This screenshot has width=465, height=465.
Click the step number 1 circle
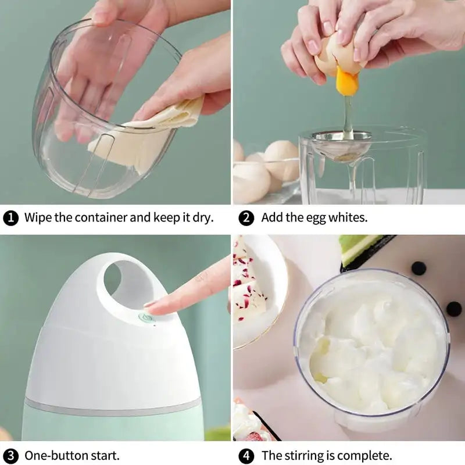point(10,219)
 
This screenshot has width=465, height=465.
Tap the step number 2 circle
point(247,219)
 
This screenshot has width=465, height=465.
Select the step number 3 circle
point(10,455)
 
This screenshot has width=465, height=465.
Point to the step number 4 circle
point(247,455)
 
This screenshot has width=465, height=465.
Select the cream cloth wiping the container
point(157,128)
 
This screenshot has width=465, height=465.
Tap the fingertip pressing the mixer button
point(152,305)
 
